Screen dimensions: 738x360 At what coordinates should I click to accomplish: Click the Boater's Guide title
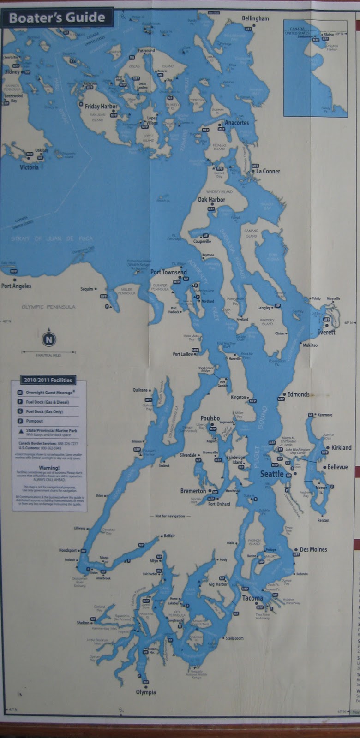click(57, 18)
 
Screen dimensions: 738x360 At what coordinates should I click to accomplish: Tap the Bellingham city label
click(255, 18)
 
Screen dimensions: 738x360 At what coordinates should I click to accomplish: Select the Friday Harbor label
click(101, 107)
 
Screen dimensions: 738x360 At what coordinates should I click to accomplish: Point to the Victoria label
click(29, 167)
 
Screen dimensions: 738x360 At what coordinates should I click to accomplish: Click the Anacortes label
click(237, 123)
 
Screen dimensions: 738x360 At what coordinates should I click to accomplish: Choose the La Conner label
click(268, 171)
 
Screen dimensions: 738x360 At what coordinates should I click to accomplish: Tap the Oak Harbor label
click(211, 200)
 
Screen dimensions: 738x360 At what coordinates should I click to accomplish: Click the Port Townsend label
click(168, 272)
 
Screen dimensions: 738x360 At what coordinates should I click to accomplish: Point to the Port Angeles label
click(16, 286)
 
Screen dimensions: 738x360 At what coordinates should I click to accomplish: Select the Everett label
click(326, 332)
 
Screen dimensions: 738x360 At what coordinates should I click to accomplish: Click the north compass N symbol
click(49, 340)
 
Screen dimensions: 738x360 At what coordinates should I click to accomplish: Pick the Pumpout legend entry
click(34, 421)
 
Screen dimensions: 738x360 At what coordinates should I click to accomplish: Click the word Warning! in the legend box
click(49, 468)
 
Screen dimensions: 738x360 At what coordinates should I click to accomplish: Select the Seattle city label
click(272, 474)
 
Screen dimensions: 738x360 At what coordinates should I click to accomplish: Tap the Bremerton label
click(193, 491)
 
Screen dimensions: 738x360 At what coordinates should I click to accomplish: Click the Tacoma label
click(252, 598)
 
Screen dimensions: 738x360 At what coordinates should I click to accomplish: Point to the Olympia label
click(146, 692)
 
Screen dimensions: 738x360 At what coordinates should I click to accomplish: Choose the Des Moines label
click(313, 549)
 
